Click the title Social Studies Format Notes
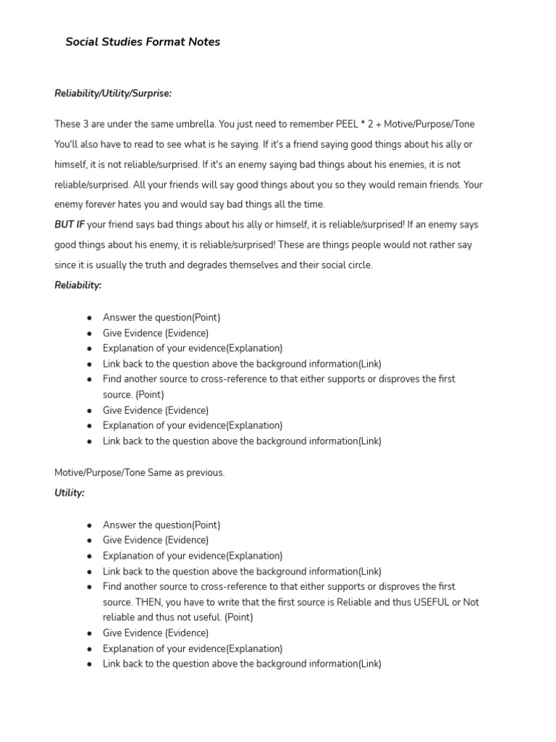[x=143, y=42]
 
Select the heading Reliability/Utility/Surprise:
[x=113, y=93]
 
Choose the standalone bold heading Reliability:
[x=78, y=285]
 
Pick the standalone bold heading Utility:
[x=69, y=493]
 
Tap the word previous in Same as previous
[x=206, y=472]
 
